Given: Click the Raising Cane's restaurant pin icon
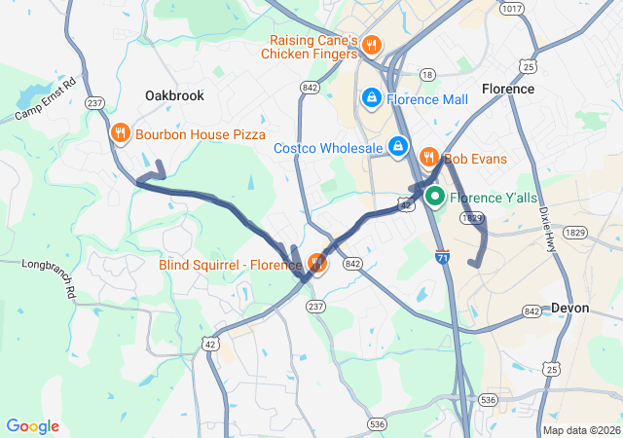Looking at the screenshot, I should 371,46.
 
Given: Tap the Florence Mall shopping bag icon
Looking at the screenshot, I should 371,98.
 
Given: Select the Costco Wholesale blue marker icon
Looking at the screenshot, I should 397,147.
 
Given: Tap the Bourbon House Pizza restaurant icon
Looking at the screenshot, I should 121,133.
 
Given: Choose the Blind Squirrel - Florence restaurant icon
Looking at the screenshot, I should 316,263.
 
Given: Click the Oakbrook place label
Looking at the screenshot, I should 174,96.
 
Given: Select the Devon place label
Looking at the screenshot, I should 569,308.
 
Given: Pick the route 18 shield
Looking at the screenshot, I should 426,74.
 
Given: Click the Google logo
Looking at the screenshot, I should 33,426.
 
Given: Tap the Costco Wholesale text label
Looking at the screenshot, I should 328,148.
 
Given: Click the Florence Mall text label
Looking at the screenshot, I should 427,99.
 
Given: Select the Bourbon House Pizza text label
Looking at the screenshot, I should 201,134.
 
